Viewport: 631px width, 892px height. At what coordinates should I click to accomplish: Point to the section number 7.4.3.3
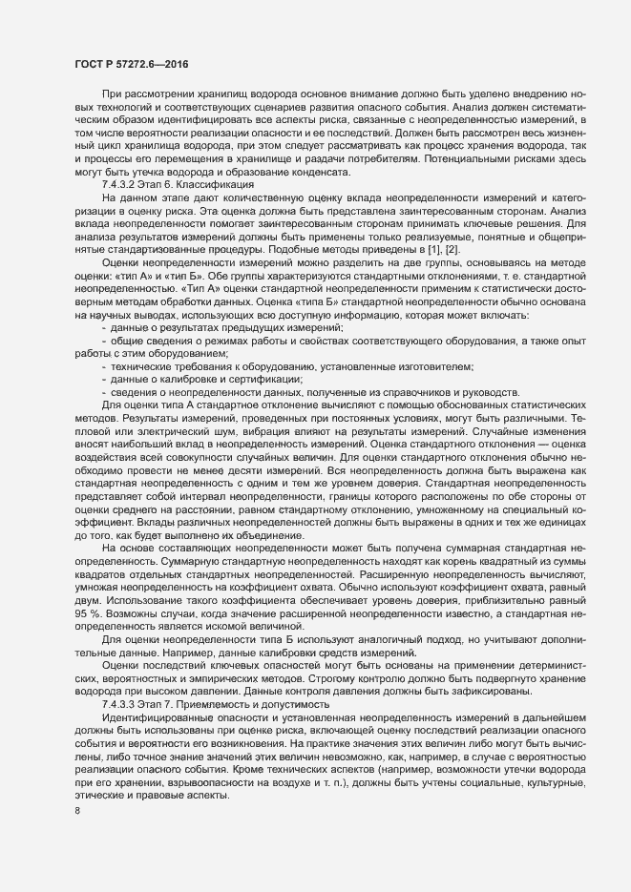tap(122, 675)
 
